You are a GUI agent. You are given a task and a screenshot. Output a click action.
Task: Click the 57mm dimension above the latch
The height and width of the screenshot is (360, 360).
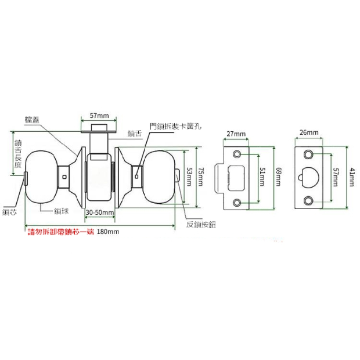[x=99, y=116]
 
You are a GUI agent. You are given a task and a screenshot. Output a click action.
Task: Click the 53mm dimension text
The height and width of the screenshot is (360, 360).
[x=189, y=176]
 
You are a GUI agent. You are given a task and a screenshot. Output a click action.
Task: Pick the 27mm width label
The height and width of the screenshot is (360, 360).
[x=236, y=134]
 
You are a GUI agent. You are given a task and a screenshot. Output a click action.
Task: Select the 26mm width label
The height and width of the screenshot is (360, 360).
[x=309, y=133]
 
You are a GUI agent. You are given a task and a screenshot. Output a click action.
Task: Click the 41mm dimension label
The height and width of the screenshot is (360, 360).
[x=352, y=177]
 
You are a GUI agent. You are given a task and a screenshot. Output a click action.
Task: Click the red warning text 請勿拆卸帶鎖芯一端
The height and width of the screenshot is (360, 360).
[x=61, y=232]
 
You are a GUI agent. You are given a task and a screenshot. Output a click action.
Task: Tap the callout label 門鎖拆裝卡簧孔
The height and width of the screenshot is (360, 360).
[x=174, y=125]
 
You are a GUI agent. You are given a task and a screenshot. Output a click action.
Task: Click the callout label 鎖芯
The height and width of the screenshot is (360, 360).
[x=10, y=213]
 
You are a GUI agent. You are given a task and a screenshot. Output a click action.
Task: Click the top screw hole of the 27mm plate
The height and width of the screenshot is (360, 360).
[x=237, y=154]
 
